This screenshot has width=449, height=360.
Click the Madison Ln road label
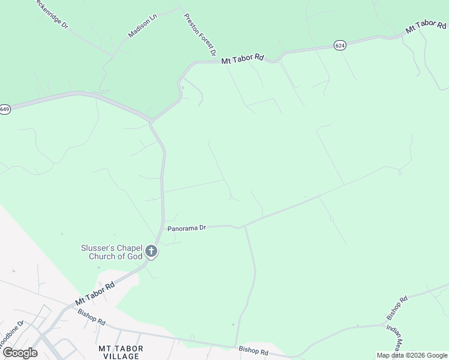[x=142, y=26]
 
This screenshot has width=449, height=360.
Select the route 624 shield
[x=340, y=46]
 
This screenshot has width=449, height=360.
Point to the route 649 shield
[x=5, y=109]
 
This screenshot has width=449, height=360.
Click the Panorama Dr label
[x=187, y=228]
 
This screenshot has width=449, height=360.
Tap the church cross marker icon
[x=152, y=251]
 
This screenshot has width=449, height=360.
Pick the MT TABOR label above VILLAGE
[x=118, y=348]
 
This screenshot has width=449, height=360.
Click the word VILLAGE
[x=118, y=356]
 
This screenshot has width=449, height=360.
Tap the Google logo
[x=20, y=352]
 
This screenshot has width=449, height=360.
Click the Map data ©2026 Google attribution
[x=412, y=355]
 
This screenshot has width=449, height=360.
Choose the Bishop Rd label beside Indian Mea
[x=397, y=307]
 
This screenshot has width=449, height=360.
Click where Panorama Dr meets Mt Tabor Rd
[x=163, y=228]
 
